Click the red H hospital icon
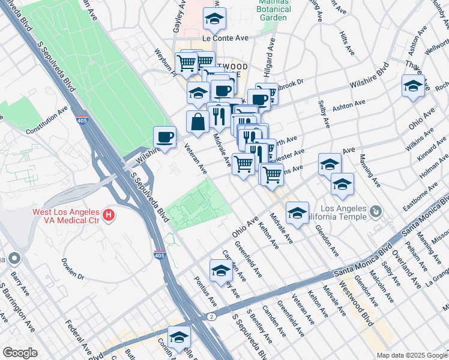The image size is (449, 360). (x=109, y=214)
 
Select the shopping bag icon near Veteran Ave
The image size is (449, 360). (x=197, y=122)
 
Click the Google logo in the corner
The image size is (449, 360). (x=20, y=353)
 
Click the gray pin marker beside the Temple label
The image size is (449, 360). (x=376, y=211)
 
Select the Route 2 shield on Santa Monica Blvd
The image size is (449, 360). (x=211, y=316)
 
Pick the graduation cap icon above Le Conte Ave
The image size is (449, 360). (x=214, y=19)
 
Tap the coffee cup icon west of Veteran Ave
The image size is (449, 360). (x=165, y=137)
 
